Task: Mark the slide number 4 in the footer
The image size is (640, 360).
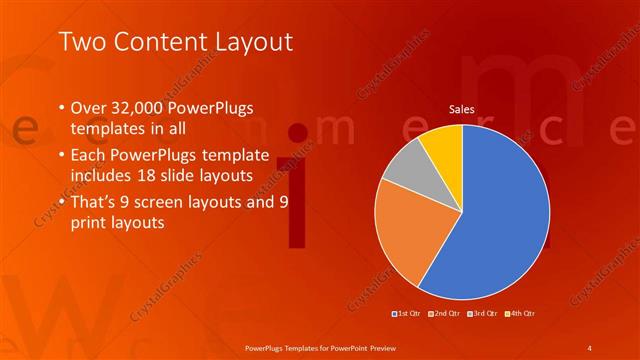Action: (590, 347)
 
